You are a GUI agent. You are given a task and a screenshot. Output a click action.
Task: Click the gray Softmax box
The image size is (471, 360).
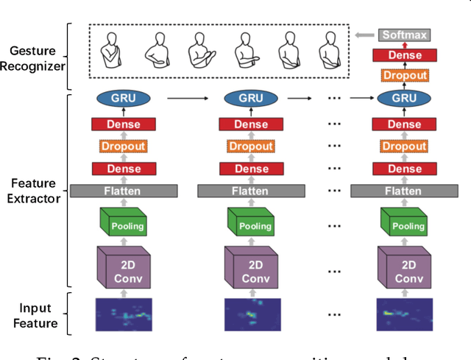click(x=405, y=35)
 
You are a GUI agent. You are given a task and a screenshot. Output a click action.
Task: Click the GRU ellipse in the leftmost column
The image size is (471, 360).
click(x=124, y=99)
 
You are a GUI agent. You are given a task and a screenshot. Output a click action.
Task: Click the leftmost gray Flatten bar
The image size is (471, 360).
click(x=124, y=191)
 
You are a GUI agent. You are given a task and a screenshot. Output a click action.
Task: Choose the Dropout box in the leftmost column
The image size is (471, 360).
click(x=124, y=147)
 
